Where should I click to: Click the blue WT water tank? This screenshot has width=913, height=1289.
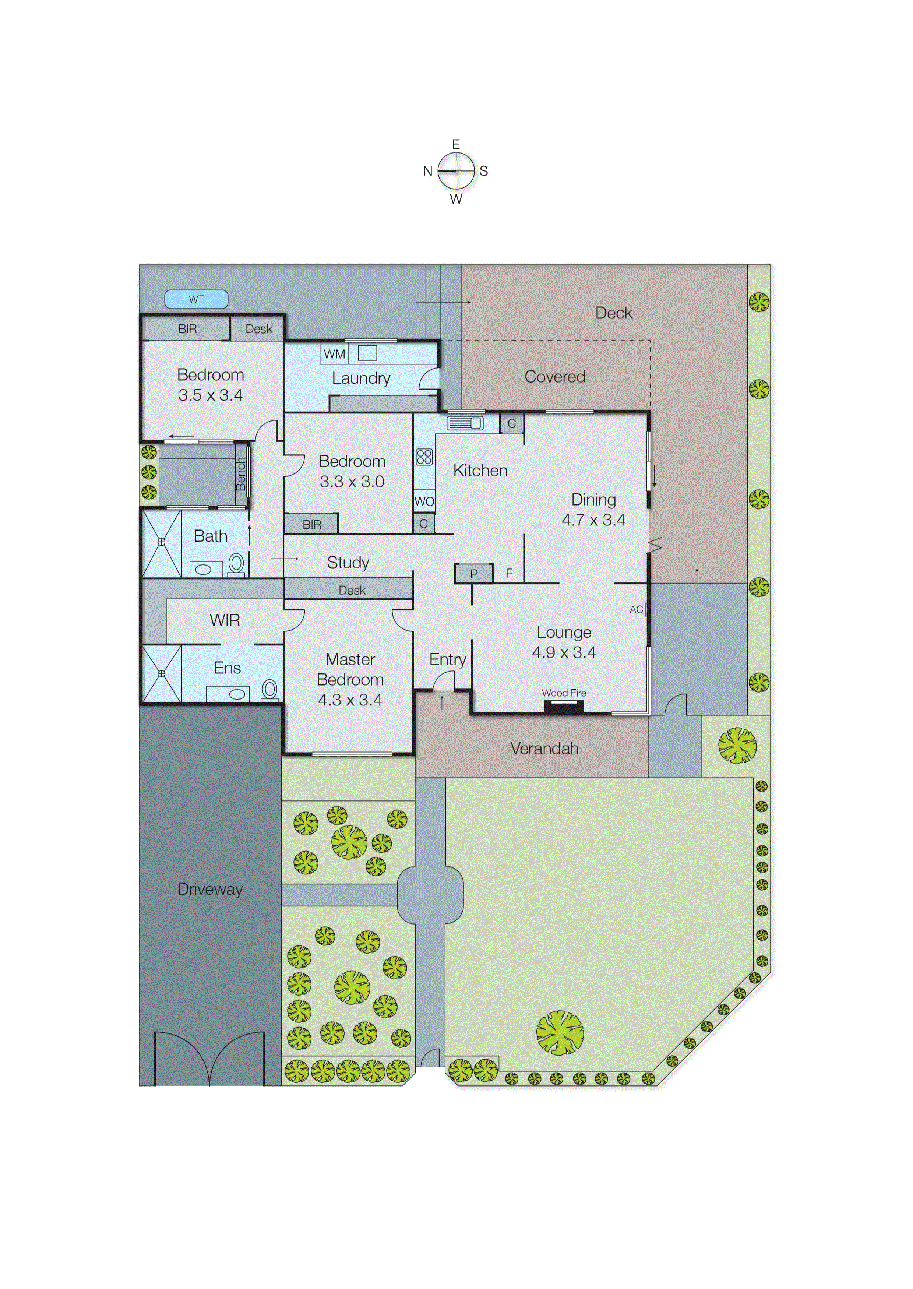(x=196, y=299)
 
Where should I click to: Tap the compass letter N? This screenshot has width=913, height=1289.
(x=427, y=171)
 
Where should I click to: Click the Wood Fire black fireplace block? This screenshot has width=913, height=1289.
(x=564, y=707)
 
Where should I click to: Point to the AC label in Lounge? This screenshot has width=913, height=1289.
(x=636, y=609)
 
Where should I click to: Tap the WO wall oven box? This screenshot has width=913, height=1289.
(x=424, y=501)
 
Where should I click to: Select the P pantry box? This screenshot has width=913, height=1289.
(x=474, y=573)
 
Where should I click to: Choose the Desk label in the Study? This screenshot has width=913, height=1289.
(x=352, y=590)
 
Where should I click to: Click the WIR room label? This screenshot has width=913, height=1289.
(x=225, y=620)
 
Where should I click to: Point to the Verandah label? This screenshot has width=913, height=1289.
(x=544, y=748)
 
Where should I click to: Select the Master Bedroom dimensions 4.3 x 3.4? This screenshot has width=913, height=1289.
(x=350, y=700)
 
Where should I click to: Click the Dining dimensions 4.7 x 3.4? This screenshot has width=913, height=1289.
(x=593, y=520)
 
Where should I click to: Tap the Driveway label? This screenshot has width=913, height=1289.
(x=210, y=889)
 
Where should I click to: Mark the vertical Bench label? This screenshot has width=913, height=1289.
(x=241, y=474)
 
